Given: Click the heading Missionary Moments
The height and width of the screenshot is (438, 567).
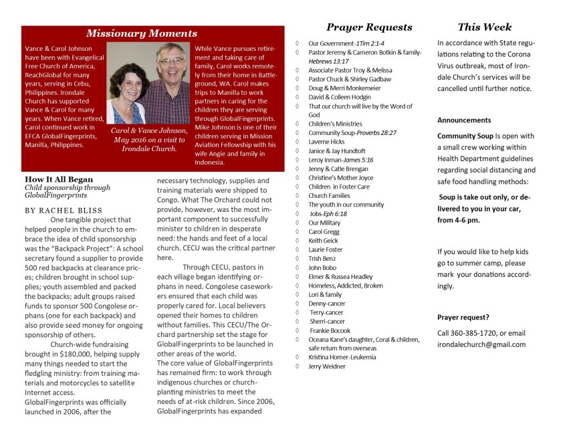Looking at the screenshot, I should (x=142, y=33).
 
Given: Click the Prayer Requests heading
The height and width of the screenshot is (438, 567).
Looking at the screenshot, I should (x=369, y=27).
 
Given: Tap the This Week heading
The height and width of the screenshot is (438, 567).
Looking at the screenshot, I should (x=484, y=27).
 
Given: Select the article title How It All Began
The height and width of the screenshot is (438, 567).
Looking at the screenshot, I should (x=59, y=180).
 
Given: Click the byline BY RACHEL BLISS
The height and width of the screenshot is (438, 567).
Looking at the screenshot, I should (x=58, y=209).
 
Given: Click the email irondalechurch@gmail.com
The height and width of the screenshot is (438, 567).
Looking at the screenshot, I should (x=481, y=344).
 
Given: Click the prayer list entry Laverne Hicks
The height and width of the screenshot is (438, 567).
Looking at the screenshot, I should (x=326, y=142).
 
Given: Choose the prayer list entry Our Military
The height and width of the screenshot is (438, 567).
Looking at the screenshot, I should (x=324, y=223).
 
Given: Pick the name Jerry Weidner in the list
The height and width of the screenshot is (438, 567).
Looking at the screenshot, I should (x=327, y=366).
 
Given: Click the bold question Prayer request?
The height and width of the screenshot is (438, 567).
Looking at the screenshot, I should (x=463, y=317).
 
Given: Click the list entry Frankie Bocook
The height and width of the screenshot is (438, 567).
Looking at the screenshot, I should (x=330, y=330).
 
